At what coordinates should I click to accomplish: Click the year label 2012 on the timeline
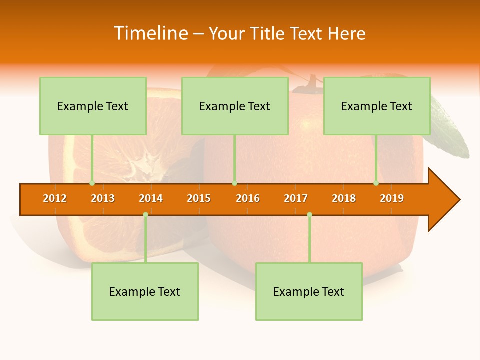click(x=55, y=198)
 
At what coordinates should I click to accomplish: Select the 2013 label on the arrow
click(x=103, y=198)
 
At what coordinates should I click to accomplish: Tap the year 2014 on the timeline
click(x=151, y=198)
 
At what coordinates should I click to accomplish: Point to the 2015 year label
click(x=199, y=198)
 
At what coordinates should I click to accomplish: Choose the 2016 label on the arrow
click(x=248, y=198)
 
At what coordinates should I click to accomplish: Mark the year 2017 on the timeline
click(x=296, y=198)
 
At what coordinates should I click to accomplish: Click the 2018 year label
click(x=344, y=198)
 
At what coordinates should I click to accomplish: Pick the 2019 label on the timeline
click(x=392, y=198)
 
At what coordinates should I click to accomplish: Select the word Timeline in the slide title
click(x=151, y=33)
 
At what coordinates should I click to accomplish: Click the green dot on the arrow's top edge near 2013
click(x=92, y=183)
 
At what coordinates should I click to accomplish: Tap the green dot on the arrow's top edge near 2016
click(x=234, y=183)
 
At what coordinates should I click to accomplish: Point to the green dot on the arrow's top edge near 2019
click(x=376, y=183)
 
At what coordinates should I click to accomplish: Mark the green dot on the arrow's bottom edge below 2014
click(x=145, y=214)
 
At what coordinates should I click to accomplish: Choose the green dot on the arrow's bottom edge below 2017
click(x=309, y=214)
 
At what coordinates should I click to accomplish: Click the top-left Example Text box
click(x=93, y=106)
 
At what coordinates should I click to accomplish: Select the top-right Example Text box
click(x=377, y=106)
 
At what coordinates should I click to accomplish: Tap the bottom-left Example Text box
click(x=145, y=292)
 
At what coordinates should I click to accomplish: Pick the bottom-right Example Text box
click(x=309, y=292)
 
